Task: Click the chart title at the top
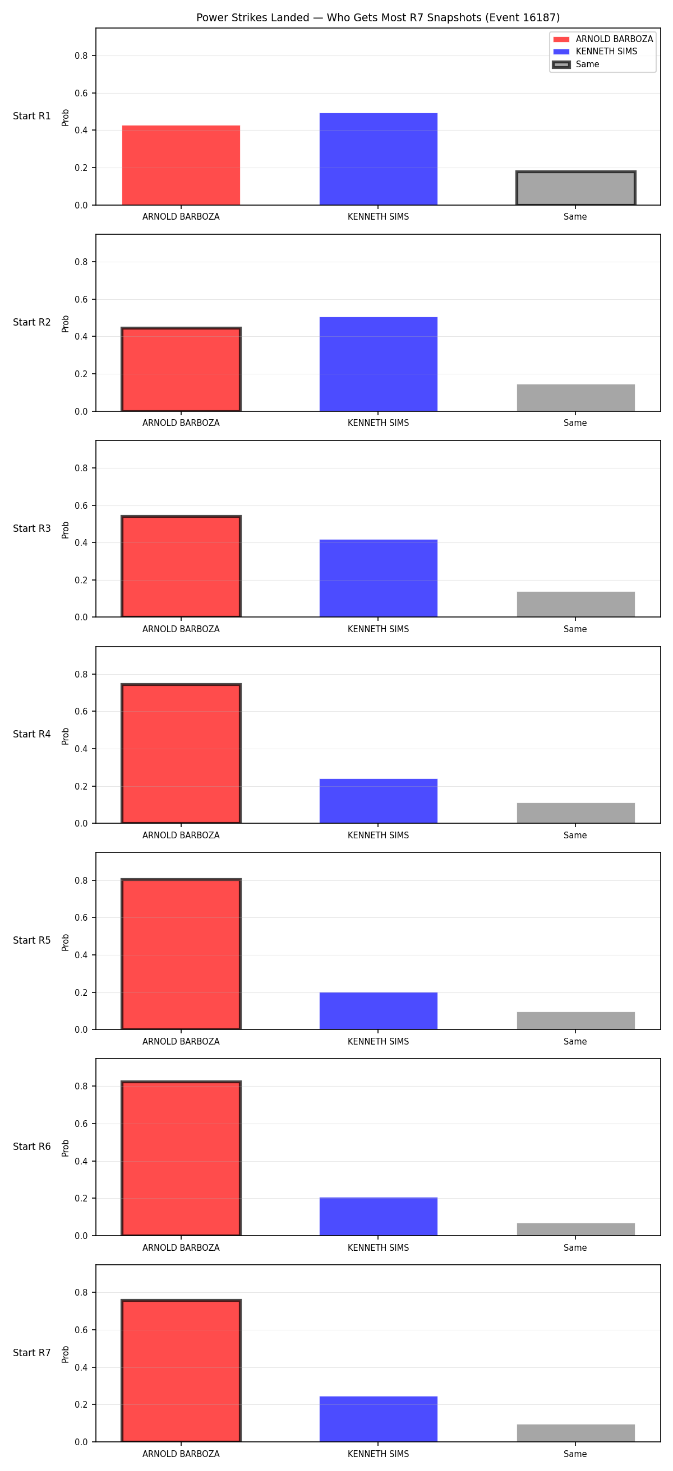pos(377,18)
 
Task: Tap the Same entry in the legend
pos(576,64)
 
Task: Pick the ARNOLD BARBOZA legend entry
pos(603,39)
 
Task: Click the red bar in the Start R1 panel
pos(181,165)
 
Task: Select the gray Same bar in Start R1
pos(576,188)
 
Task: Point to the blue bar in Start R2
pos(378,364)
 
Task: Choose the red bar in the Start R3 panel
pos(181,567)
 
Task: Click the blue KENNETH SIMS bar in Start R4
pos(378,801)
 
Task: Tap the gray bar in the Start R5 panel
pos(576,1020)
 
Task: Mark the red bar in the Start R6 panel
pos(181,1158)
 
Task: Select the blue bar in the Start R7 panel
pos(378,1419)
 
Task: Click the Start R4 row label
pos(32,734)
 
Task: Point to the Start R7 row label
pos(32,1353)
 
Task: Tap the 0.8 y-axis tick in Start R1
pos(81,56)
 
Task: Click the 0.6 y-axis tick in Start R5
pos(81,918)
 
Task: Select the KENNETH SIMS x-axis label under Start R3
pos(378,629)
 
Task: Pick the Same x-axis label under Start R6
pos(575,1248)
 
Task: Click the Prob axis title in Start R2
pos(66,324)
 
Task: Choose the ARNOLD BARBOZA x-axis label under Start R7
pos(181,1454)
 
